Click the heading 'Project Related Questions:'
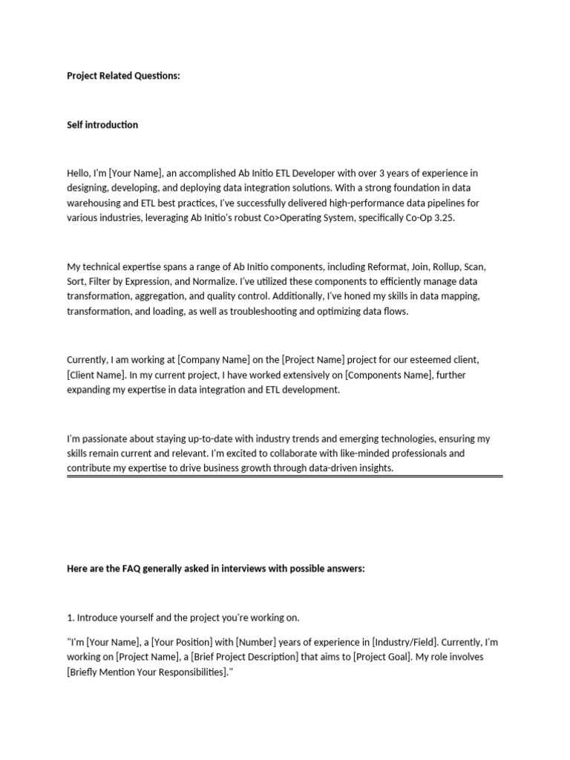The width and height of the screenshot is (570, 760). click(x=123, y=76)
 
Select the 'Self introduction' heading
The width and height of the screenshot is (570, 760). click(x=102, y=125)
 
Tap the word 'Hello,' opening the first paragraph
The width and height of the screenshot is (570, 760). click(x=79, y=173)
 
